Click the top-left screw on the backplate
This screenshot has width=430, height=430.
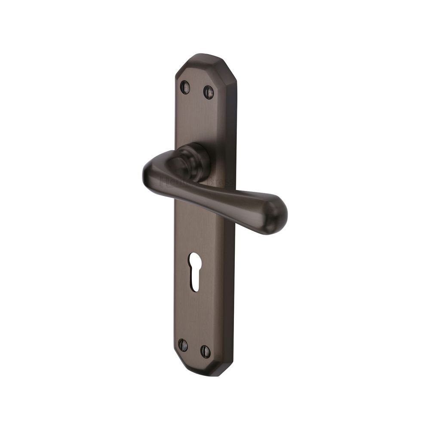tap(184, 87)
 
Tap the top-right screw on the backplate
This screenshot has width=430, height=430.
tap(209, 91)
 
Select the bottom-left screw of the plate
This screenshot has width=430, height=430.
tap(183, 345)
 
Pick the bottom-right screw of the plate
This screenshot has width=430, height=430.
tap(206, 351)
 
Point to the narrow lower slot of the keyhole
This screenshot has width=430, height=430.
tap(195, 282)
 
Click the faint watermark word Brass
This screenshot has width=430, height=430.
tap(223, 182)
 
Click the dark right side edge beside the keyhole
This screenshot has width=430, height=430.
tap(230, 271)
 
